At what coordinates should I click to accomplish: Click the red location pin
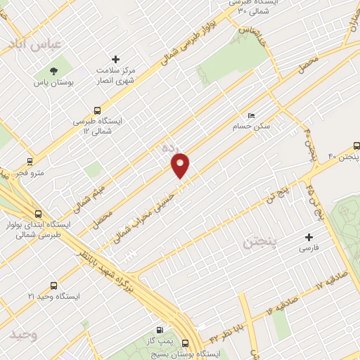(x=181, y=166)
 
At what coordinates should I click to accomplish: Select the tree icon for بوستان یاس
(x=53, y=70)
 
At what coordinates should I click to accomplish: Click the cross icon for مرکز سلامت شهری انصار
(x=116, y=59)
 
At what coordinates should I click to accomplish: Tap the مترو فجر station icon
(x=29, y=161)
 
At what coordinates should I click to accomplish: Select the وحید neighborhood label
(x=23, y=335)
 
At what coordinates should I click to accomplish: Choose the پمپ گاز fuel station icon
(x=160, y=330)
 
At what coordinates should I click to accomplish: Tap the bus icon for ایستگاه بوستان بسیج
(x=185, y=343)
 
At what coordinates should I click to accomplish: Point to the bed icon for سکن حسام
(x=251, y=116)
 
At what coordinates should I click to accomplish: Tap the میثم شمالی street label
(x=88, y=198)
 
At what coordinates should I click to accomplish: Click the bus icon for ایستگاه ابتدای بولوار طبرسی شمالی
(x=38, y=214)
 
